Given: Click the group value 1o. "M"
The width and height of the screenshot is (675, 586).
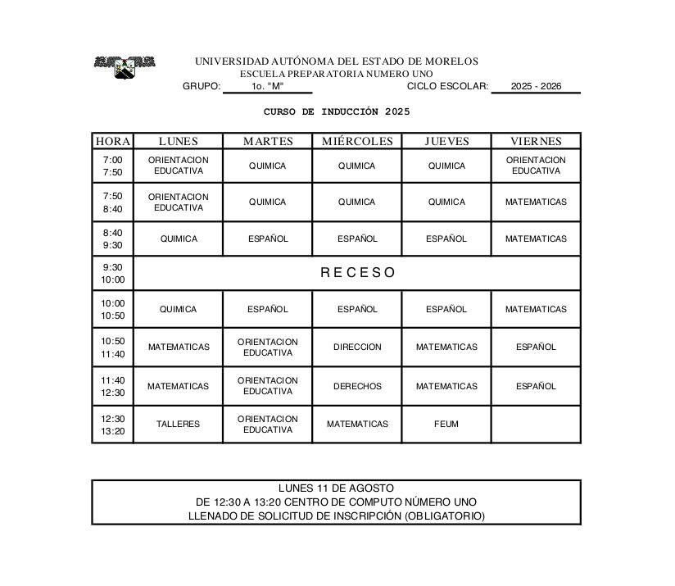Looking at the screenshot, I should [267, 86].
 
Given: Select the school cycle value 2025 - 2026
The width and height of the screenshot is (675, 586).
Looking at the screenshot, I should [536, 86].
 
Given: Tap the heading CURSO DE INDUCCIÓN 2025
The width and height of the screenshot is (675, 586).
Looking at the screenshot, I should [337, 111].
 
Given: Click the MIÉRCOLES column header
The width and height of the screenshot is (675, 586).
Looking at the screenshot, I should [357, 141].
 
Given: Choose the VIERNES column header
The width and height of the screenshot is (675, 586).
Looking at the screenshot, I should [536, 141].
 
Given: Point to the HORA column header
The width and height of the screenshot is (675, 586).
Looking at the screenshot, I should [113, 141].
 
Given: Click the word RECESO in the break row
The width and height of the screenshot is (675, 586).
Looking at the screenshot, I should [357, 273].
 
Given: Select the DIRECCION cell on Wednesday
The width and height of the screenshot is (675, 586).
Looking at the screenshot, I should [357, 347].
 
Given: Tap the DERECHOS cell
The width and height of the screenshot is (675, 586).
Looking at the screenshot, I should [357, 386].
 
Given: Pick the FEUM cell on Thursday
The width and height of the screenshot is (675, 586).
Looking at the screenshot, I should [446, 424].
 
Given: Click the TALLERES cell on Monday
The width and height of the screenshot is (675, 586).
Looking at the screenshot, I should [178, 424].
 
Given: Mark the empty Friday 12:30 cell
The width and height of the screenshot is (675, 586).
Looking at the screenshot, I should [536, 424].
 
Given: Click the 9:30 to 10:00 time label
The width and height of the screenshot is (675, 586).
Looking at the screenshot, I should [113, 273].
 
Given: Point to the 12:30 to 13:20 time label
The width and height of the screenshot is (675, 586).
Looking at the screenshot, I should [113, 425].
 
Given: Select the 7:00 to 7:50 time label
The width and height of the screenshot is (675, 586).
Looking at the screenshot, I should [113, 166].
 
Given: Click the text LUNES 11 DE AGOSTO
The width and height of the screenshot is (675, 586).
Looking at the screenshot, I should [336, 488].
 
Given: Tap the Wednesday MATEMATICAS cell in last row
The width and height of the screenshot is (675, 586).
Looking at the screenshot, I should [357, 424].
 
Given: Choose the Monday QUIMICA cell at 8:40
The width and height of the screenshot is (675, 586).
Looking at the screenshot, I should [178, 238].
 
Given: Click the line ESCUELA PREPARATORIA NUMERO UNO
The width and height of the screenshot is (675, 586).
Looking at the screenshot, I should [337, 74].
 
